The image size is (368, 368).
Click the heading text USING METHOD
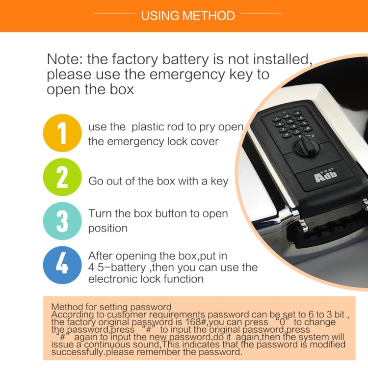tap(188, 16)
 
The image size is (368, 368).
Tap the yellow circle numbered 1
tap(62, 133)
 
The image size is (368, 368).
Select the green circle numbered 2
tap(62, 177)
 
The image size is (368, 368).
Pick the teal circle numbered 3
tap(62, 221)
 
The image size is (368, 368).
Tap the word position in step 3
tap(108, 229)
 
